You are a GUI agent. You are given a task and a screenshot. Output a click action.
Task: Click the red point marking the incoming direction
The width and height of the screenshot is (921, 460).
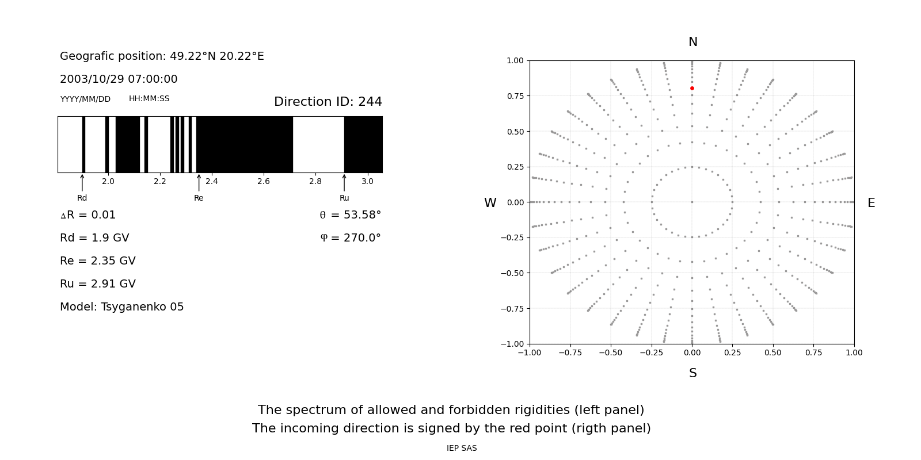click(x=692, y=89)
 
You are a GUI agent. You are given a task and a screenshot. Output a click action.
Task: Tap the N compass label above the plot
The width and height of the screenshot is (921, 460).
click(x=692, y=42)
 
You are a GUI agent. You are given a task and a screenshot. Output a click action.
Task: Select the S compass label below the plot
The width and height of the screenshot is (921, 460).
click(x=692, y=373)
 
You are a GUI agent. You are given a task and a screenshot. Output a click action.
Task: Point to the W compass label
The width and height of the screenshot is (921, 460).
click(x=490, y=203)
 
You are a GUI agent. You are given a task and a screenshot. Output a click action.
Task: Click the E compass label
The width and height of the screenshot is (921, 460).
click(x=871, y=203)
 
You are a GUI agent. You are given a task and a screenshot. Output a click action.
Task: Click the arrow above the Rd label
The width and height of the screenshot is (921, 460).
click(x=82, y=182)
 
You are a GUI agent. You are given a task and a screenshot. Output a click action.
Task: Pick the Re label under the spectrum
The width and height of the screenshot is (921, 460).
click(x=199, y=198)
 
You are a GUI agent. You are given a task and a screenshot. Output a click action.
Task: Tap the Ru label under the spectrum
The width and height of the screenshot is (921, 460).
click(x=344, y=198)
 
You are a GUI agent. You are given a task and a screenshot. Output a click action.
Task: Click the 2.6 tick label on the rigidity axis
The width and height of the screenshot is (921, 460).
click(x=264, y=182)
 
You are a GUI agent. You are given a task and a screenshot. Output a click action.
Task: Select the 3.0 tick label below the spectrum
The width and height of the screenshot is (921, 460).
click(x=367, y=182)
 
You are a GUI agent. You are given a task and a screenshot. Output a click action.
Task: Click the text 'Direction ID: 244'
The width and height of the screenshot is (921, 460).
click(x=328, y=102)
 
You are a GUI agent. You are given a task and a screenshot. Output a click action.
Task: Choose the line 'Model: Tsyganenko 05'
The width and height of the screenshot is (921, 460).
click(x=121, y=307)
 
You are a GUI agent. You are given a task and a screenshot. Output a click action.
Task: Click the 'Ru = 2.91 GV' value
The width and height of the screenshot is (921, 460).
click(x=97, y=284)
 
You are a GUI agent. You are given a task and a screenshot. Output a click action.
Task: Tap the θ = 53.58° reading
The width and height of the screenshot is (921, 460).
click(x=350, y=215)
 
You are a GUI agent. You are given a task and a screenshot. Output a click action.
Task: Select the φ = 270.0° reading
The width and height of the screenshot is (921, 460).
click(x=350, y=238)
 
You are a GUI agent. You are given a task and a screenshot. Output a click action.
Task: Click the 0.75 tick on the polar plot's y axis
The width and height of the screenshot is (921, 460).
click(x=515, y=96)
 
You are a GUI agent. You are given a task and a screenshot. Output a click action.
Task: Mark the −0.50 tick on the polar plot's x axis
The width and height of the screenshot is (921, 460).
click(x=611, y=352)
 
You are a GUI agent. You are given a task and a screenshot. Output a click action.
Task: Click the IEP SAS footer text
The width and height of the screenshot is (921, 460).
click(x=462, y=448)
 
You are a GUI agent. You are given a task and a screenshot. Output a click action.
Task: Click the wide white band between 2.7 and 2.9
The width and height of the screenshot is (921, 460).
click(x=318, y=144)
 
